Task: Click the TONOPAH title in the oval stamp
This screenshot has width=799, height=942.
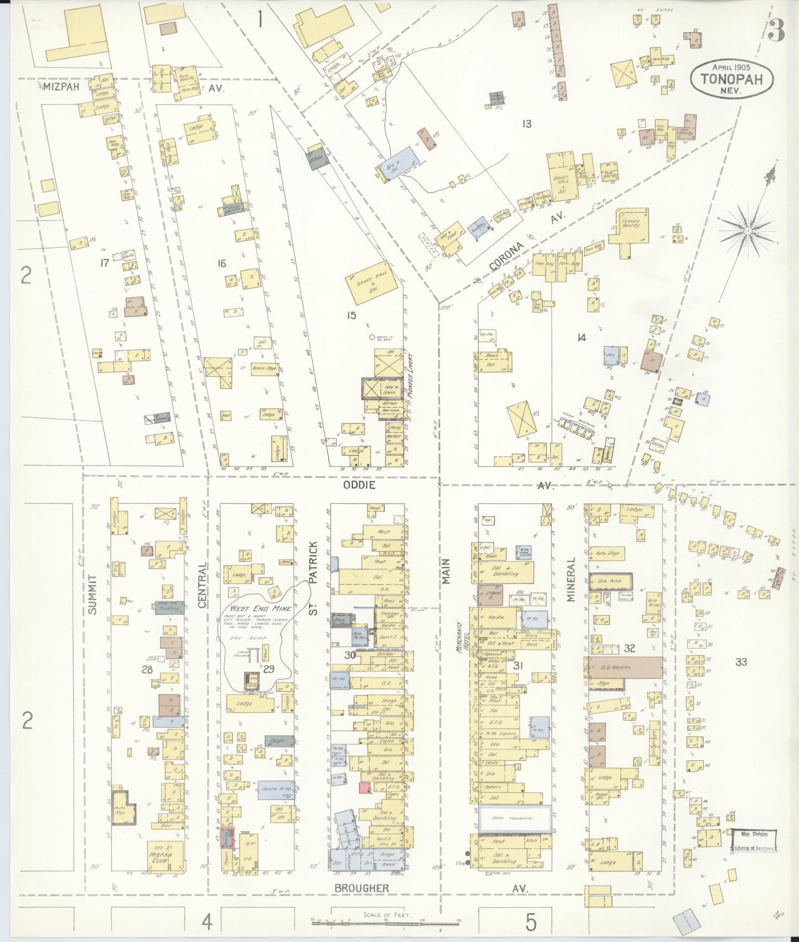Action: pyautogui.click(x=732, y=79)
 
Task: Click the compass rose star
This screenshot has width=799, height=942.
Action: pyautogui.click(x=747, y=230)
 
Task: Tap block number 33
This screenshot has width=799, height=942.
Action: pyautogui.click(x=741, y=662)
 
